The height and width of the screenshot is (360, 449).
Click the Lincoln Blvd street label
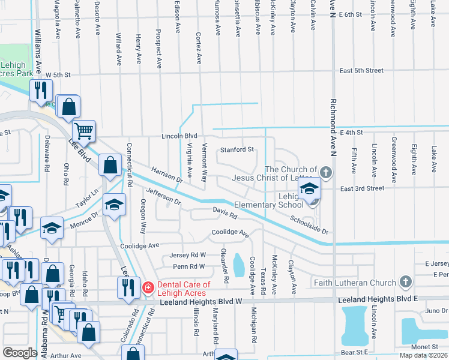tap(179, 136)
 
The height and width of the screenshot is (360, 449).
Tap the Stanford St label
tap(237, 149)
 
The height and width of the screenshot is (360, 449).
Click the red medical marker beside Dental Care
tap(146, 289)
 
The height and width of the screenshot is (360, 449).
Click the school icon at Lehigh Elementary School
tap(310, 190)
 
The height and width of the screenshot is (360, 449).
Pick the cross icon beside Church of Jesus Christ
tap(326, 173)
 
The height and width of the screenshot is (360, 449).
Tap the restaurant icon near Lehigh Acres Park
tap(41, 91)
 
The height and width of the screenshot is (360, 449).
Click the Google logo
tap(20, 353)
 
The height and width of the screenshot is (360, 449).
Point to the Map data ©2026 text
tap(424, 355)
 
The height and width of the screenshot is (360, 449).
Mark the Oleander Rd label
tap(224, 266)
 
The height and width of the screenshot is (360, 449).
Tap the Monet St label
tap(424, 347)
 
